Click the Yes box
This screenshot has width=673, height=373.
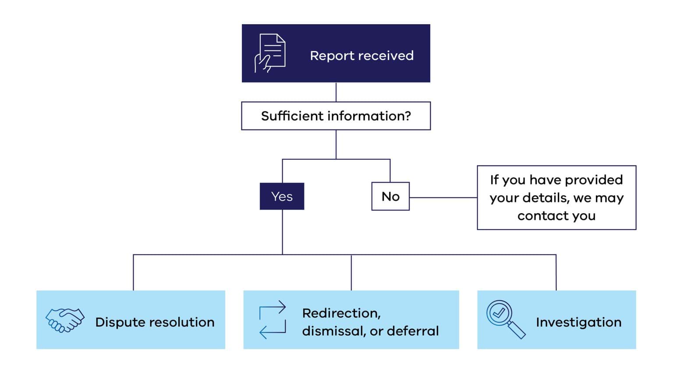(x=282, y=196)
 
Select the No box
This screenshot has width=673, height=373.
(x=390, y=196)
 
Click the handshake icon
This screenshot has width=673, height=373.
(x=65, y=320)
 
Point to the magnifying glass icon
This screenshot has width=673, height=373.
(x=505, y=319)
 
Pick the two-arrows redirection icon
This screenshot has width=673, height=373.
(x=273, y=319)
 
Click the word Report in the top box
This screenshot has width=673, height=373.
(x=332, y=56)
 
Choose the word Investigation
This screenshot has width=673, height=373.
(x=578, y=322)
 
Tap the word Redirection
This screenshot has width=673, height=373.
(x=341, y=313)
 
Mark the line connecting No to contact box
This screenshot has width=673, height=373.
(x=443, y=197)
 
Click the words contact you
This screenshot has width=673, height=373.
(x=556, y=215)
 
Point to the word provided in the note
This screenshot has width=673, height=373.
(x=594, y=179)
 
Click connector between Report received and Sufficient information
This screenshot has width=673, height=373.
(x=336, y=92)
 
